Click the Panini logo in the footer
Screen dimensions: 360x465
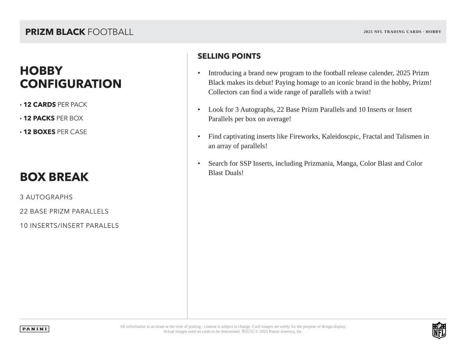34,329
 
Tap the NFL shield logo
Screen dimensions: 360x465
439,330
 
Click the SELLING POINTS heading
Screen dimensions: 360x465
229,56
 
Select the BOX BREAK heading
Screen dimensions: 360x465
54,177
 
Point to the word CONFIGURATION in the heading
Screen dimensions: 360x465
71,84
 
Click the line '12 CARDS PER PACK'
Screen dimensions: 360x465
55,105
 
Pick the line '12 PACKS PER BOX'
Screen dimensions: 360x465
53,118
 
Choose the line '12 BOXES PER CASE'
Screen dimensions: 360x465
55,132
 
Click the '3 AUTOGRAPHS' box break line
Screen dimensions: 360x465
46,197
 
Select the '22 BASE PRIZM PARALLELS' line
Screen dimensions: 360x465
64,211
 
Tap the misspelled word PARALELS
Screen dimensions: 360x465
102,226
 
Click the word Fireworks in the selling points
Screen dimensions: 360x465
304,136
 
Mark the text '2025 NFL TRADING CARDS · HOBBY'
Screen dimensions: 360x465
402,32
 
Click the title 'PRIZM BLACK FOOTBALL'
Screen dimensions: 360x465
79,32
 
